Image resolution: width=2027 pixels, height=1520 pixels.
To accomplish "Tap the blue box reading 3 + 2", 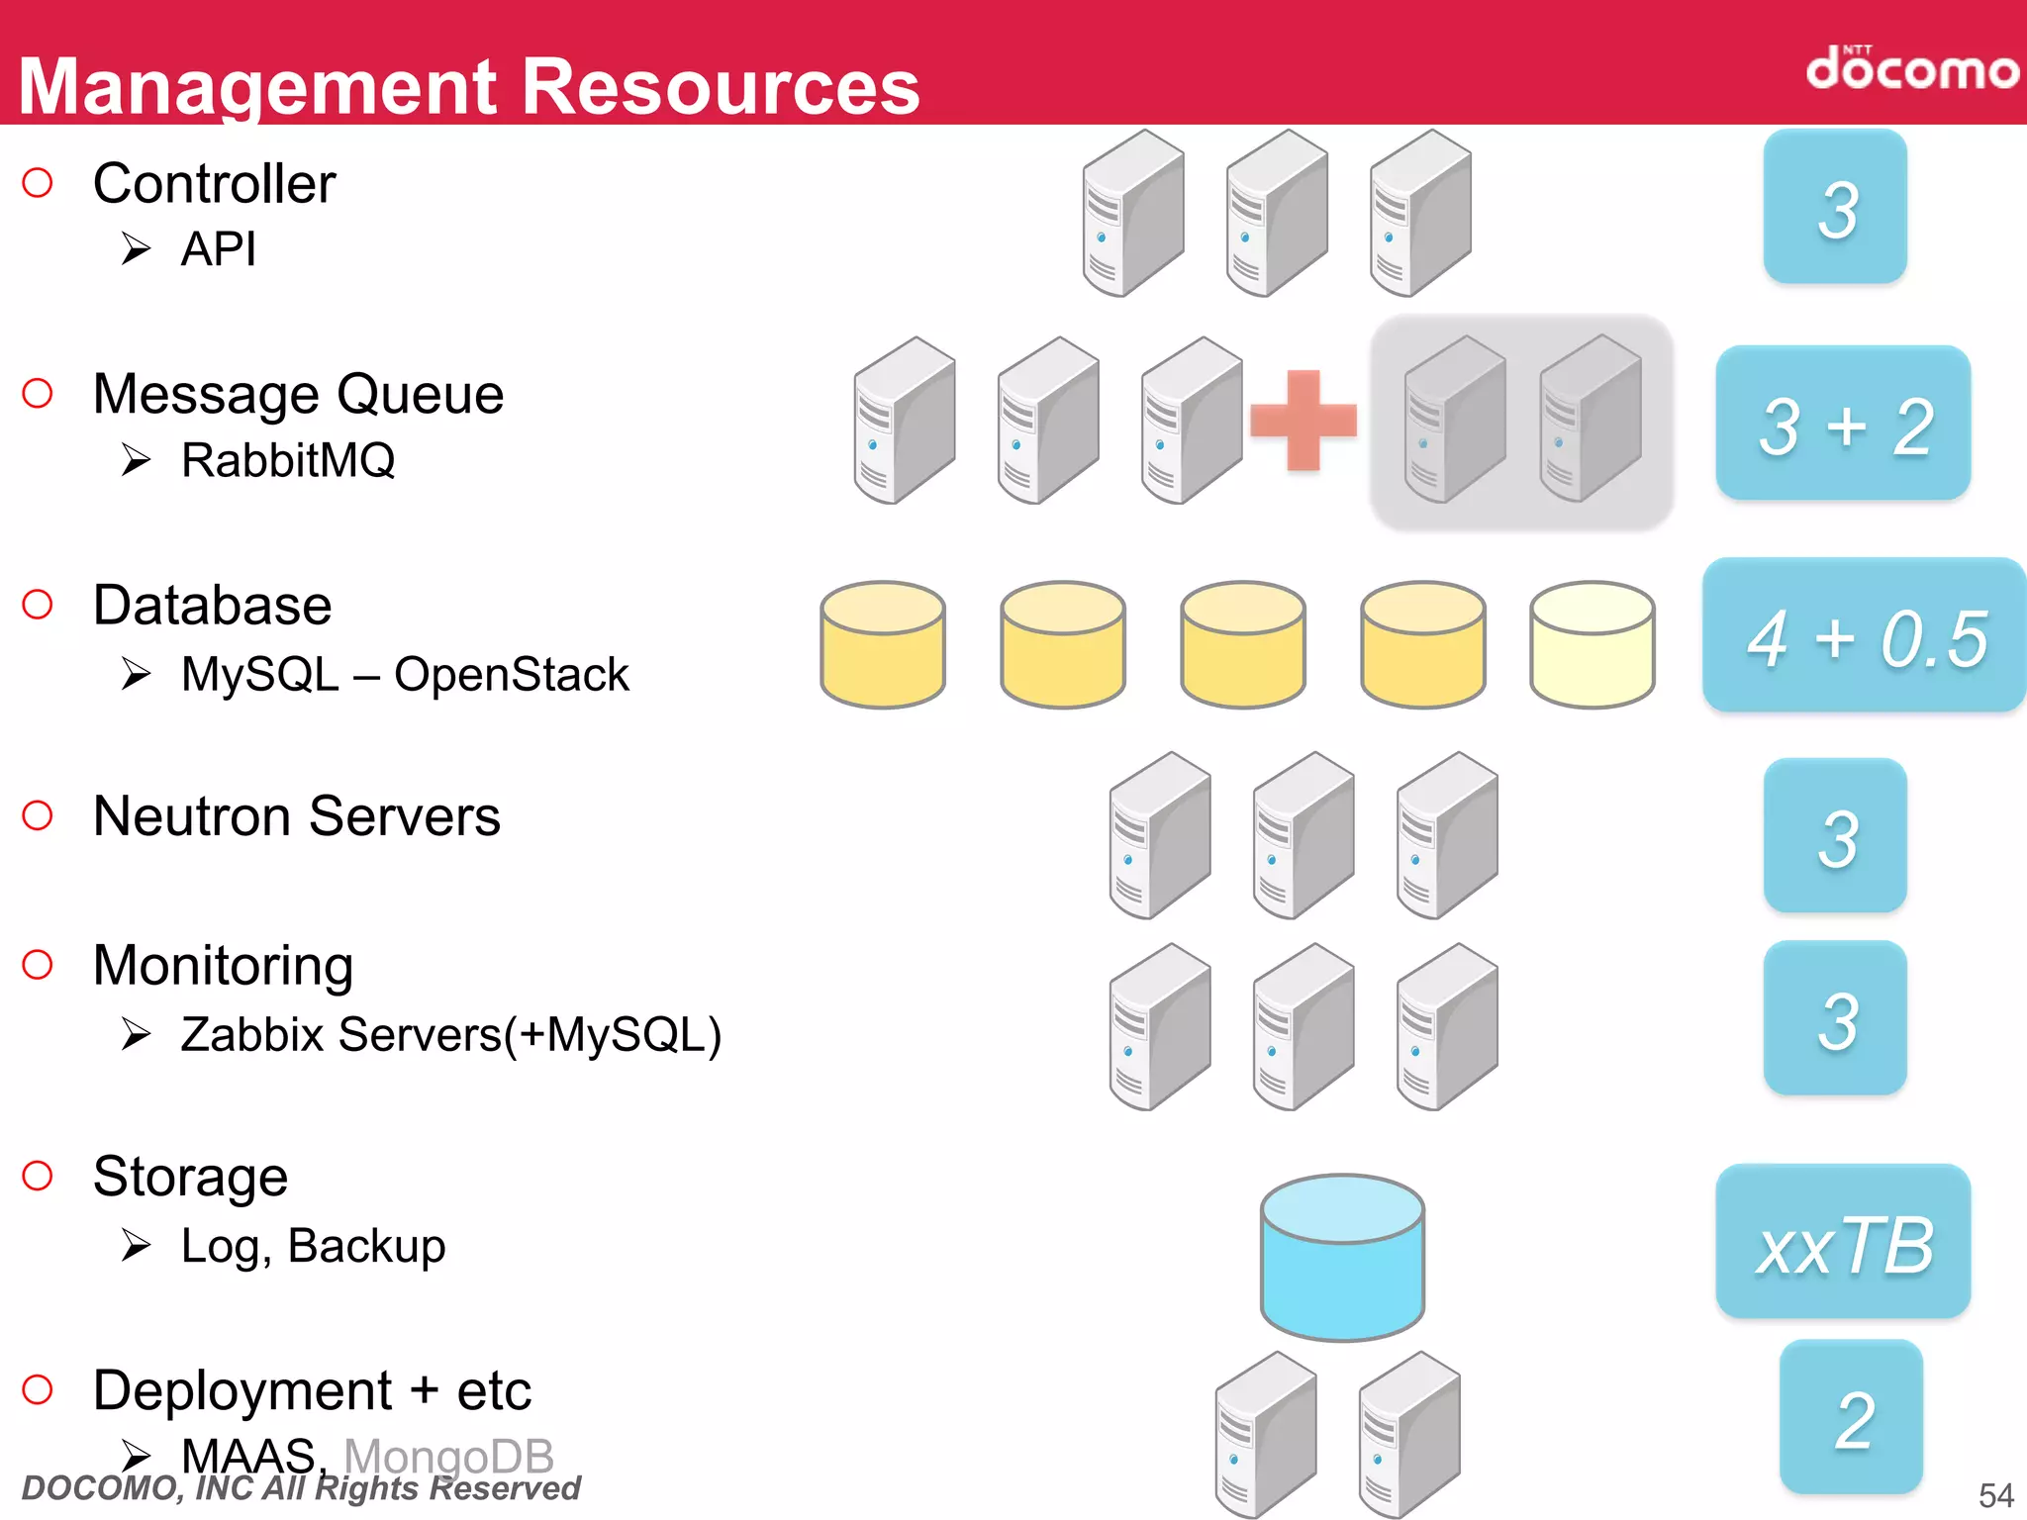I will pos(1843,424).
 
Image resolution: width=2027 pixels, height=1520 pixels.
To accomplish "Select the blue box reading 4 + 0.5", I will pos(1865,635).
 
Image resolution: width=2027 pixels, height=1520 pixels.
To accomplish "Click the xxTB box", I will pos(1843,1242).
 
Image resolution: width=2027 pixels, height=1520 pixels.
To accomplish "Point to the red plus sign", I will pos(1303,421).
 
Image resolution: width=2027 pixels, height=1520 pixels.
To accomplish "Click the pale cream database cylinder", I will pos(1592,644).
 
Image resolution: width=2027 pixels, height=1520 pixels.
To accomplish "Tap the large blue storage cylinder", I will pos(1342,1257).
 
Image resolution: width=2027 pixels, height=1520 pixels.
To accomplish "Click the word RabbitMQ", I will pos(288,460).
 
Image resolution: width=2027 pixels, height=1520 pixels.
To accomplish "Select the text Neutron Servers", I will pos(297,816).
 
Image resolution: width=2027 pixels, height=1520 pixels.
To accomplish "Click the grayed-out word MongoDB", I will pos(448,1456).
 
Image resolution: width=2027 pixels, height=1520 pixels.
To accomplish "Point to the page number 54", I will pos(1995,1494).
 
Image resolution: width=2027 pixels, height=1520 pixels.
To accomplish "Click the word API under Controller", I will pos(219,248).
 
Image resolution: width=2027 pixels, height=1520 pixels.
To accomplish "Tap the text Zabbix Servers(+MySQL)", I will pos(451,1035).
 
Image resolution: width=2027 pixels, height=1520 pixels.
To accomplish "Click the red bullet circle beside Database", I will pos(38,604).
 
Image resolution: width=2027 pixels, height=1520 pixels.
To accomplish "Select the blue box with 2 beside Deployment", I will pos(1851,1417).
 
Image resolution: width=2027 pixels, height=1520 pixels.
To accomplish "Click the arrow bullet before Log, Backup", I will pos(137,1245).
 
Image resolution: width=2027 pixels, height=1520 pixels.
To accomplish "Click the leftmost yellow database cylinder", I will pos(883,644).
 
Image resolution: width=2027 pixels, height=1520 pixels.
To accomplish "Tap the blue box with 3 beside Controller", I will pos(1835,207).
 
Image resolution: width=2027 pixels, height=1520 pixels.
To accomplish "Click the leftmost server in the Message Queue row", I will pos(904,421).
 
